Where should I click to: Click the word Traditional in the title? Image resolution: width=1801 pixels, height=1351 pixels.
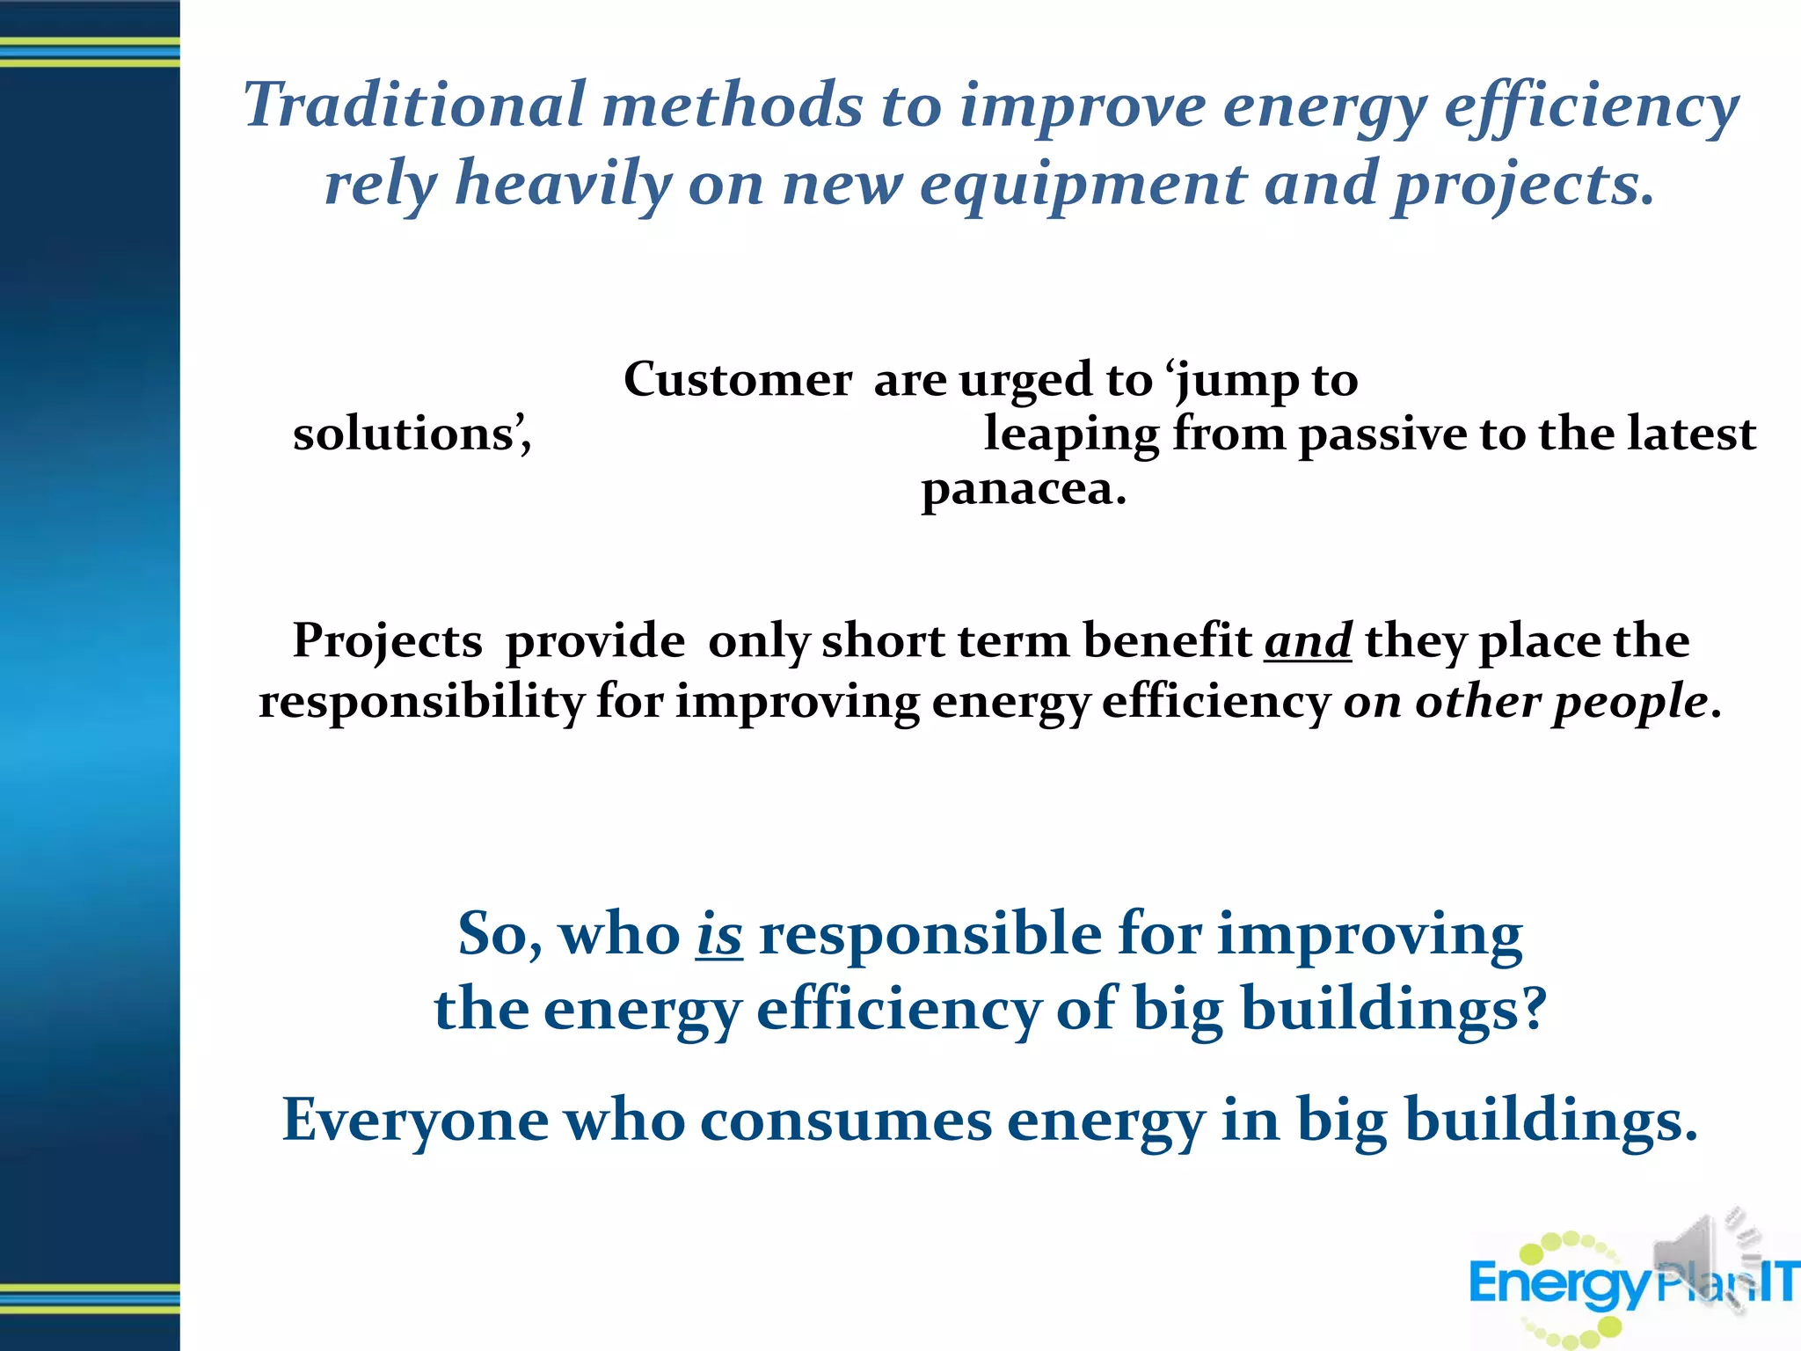[413, 106]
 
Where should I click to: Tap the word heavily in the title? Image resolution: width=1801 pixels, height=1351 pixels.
[563, 185]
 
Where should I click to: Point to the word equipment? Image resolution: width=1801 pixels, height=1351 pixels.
[1083, 185]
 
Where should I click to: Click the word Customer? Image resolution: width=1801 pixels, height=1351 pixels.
[737, 380]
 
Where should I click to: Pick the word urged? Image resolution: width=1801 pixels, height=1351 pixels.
[1025, 380]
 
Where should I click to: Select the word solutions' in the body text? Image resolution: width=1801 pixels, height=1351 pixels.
[412, 434]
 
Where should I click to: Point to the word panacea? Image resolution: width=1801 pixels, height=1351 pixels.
[1023, 489]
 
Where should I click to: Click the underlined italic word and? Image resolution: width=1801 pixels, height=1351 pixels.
[1308, 640]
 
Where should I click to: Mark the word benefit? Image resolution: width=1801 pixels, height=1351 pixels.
[1167, 639]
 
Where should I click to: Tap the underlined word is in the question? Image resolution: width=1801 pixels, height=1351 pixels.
[718, 934]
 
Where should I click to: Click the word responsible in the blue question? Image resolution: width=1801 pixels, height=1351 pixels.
[930, 934]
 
